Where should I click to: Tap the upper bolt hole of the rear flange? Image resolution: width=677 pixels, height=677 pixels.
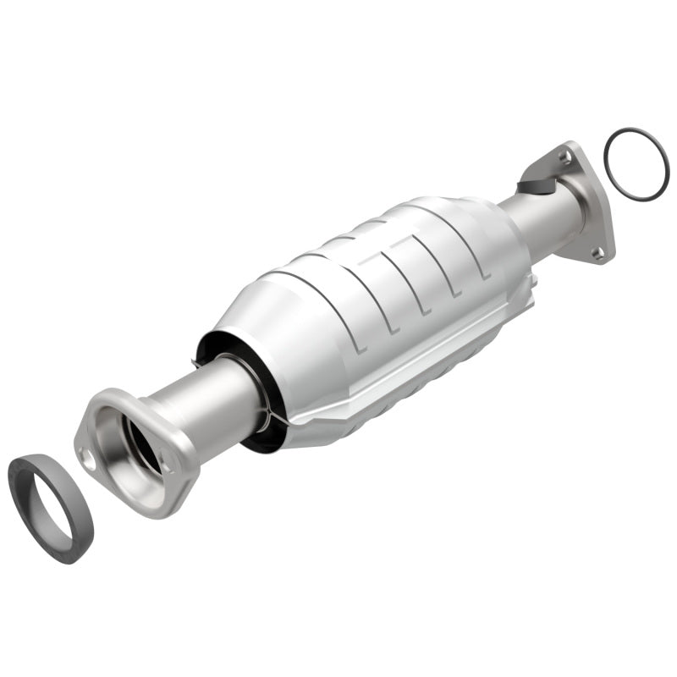click(x=564, y=157)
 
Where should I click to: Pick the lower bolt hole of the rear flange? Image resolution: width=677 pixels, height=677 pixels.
click(x=597, y=251)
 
